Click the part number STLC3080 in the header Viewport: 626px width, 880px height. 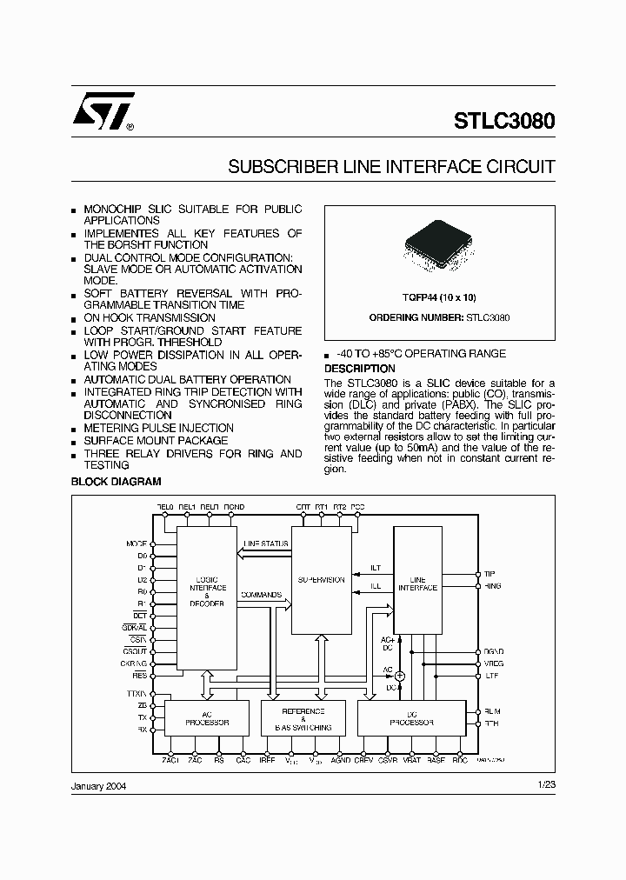tap(503, 121)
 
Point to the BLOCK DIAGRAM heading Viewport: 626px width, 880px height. tap(115, 481)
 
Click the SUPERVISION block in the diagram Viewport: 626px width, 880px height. tap(322, 580)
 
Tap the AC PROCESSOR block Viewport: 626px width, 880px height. tap(208, 718)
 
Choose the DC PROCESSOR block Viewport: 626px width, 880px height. tap(406, 718)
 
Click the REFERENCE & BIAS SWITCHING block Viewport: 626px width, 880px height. tap(303, 718)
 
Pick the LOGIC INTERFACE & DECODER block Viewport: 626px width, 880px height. tap(207, 591)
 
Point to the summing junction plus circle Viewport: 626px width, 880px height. tap(400, 676)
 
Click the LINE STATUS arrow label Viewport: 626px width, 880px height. tap(266, 543)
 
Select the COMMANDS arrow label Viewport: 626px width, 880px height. tap(261, 595)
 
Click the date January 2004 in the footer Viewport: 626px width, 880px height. tap(98, 784)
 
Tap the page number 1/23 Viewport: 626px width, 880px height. tap(545, 784)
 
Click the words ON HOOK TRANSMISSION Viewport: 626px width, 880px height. tap(149, 318)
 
